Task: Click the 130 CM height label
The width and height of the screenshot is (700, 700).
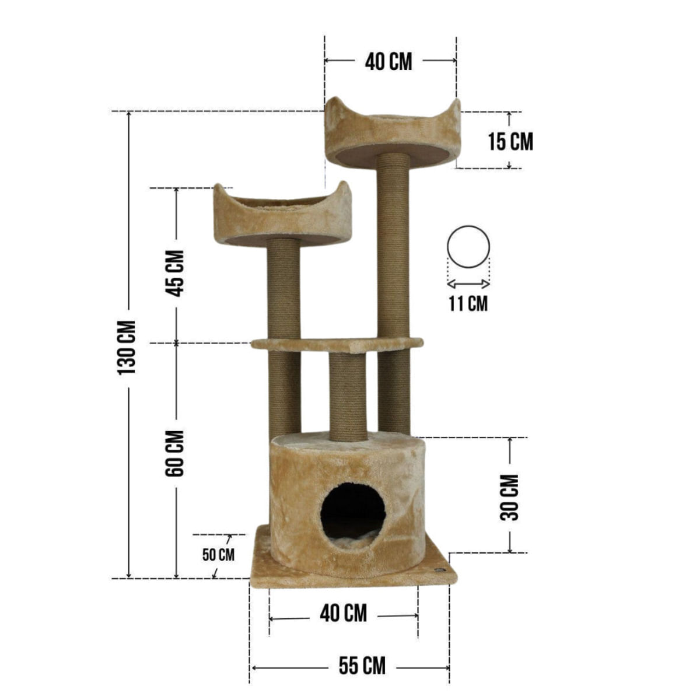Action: pyautogui.click(x=127, y=348)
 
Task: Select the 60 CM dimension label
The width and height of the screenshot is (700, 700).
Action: pyautogui.click(x=175, y=453)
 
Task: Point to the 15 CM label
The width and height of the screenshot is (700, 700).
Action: pyautogui.click(x=510, y=141)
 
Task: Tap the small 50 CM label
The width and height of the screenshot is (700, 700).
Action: pyautogui.click(x=218, y=555)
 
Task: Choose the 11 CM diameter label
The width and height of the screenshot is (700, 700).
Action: pyautogui.click(x=468, y=303)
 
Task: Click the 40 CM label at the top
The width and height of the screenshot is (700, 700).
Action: pyautogui.click(x=388, y=62)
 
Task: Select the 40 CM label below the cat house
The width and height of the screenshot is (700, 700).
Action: pyautogui.click(x=343, y=614)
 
